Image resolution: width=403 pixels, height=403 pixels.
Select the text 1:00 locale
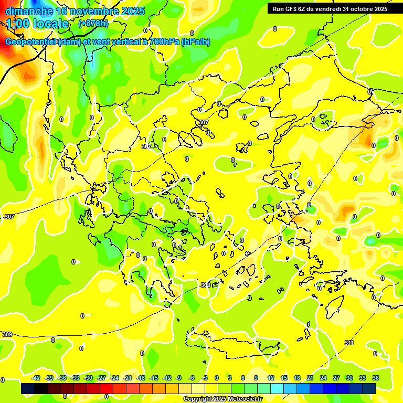pyautogui.click(x=38, y=24)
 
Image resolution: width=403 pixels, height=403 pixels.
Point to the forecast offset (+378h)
pyautogui.click(x=93, y=24)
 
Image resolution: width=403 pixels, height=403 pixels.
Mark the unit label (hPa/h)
pyautogui.click(x=195, y=42)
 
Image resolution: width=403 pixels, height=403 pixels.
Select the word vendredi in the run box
pyautogui.click(x=328, y=8)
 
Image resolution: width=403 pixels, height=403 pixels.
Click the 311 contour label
pyautogui.click(x=349, y=343)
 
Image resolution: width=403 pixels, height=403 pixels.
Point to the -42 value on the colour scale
pyautogui.click(x=36, y=378)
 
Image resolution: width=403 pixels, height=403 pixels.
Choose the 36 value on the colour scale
pyautogui.click(x=376, y=378)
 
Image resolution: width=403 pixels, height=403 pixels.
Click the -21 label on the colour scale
pyautogui.click(x=128, y=378)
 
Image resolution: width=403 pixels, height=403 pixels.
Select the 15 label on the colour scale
pyautogui.click(x=284, y=378)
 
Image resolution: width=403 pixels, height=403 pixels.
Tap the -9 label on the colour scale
pyautogui.click(x=178, y=378)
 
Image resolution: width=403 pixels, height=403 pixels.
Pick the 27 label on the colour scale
pyautogui.click(x=336, y=378)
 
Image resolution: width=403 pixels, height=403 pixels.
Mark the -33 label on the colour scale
pyautogui.click(x=75, y=378)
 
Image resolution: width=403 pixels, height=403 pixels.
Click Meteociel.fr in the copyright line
pyautogui.click(x=244, y=399)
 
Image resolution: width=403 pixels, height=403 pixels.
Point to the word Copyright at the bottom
pyautogui.click(x=198, y=399)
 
